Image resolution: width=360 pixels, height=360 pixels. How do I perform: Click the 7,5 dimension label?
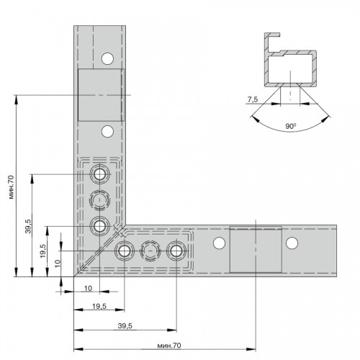[x=253, y=99]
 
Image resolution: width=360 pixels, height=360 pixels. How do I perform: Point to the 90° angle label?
[x=290, y=126]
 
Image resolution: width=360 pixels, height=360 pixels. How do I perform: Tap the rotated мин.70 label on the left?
[x=11, y=187]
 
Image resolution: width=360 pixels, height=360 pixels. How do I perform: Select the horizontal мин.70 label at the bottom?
[x=169, y=346]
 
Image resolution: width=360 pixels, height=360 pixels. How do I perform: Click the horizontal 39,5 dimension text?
[x=125, y=326]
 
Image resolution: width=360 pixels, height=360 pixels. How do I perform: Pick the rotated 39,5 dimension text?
[x=28, y=226]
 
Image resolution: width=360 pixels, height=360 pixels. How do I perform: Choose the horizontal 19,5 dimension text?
[x=99, y=306]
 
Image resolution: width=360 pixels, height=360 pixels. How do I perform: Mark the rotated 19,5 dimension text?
[x=43, y=251]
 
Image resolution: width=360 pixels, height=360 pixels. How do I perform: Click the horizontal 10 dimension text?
[x=88, y=288]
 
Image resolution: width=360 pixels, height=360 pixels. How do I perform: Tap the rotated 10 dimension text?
[x=58, y=264]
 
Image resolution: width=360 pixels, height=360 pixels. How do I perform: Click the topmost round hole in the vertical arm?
[x=107, y=58]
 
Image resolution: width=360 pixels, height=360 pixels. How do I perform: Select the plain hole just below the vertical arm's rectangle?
[x=107, y=131]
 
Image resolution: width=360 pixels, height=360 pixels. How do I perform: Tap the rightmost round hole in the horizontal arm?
[x=292, y=243]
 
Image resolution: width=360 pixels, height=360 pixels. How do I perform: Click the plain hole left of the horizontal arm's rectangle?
[x=219, y=243]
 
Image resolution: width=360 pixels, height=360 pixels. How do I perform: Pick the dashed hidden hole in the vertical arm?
[x=99, y=200]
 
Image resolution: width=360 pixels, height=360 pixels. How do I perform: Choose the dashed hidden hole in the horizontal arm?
[x=150, y=251]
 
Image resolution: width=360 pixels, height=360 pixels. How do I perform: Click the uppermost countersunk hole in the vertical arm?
[x=99, y=174]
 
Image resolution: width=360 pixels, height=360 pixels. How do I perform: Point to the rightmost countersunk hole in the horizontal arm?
[x=176, y=251]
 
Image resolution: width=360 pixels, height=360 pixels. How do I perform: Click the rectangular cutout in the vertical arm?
[x=100, y=95]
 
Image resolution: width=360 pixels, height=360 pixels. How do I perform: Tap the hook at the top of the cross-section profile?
[x=273, y=35]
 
